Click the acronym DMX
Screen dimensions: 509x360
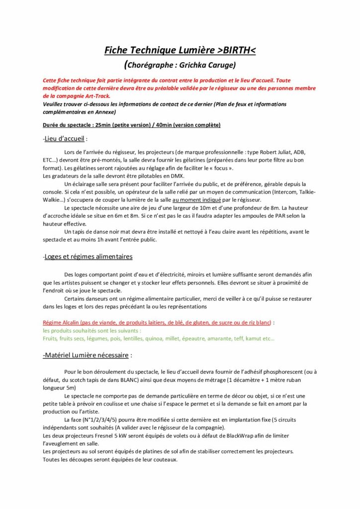(x=176, y=175)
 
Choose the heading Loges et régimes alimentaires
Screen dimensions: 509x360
(x=88, y=256)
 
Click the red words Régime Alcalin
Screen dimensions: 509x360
(x=60, y=323)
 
